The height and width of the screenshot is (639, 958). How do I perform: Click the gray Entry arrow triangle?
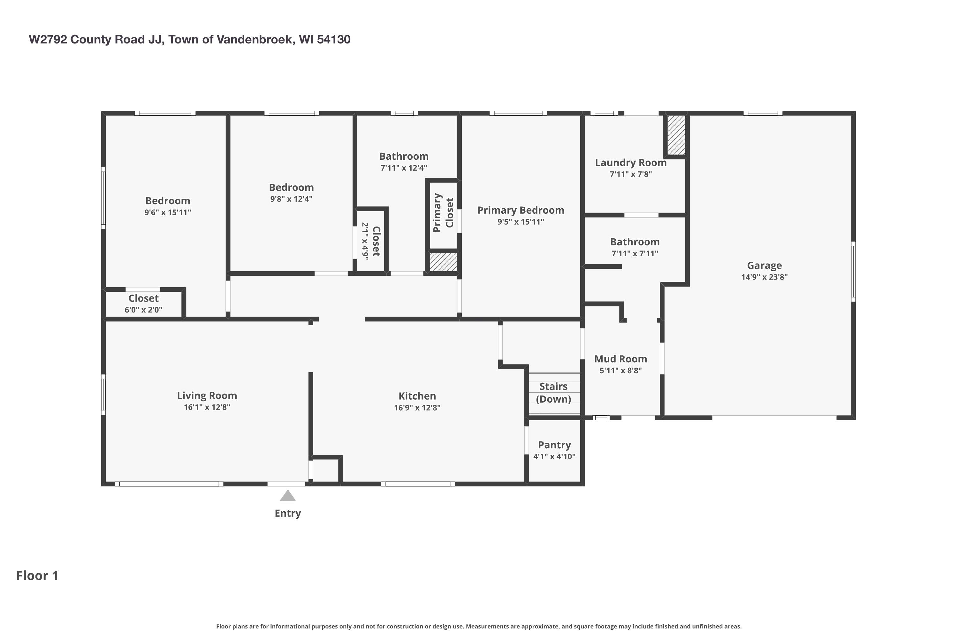[x=288, y=496]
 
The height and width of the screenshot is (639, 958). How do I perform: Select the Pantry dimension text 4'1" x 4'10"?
[x=554, y=457]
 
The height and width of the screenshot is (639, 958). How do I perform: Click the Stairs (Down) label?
[x=553, y=392]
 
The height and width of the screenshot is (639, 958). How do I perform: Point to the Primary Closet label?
[x=443, y=213]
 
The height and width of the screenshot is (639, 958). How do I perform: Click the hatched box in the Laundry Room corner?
[x=676, y=135]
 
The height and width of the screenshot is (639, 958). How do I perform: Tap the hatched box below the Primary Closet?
[x=444, y=262]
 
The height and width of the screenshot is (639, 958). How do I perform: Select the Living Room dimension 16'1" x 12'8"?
[x=207, y=407]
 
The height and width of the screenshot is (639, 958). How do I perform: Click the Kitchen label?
[x=417, y=396]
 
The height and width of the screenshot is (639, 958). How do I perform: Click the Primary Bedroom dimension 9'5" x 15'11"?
[x=521, y=222]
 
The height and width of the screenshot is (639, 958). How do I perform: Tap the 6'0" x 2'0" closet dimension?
[x=143, y=310]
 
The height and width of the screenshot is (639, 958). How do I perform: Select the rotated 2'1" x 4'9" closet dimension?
[x=365, y=241]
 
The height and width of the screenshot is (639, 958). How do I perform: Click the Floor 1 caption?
[x=37, y=575]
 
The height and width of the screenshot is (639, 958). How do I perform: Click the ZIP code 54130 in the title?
[x=334, y=40]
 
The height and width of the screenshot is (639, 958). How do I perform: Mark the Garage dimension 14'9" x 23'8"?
[x=764, y=277]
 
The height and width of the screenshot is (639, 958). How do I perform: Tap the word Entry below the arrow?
[x=288, y=513]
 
